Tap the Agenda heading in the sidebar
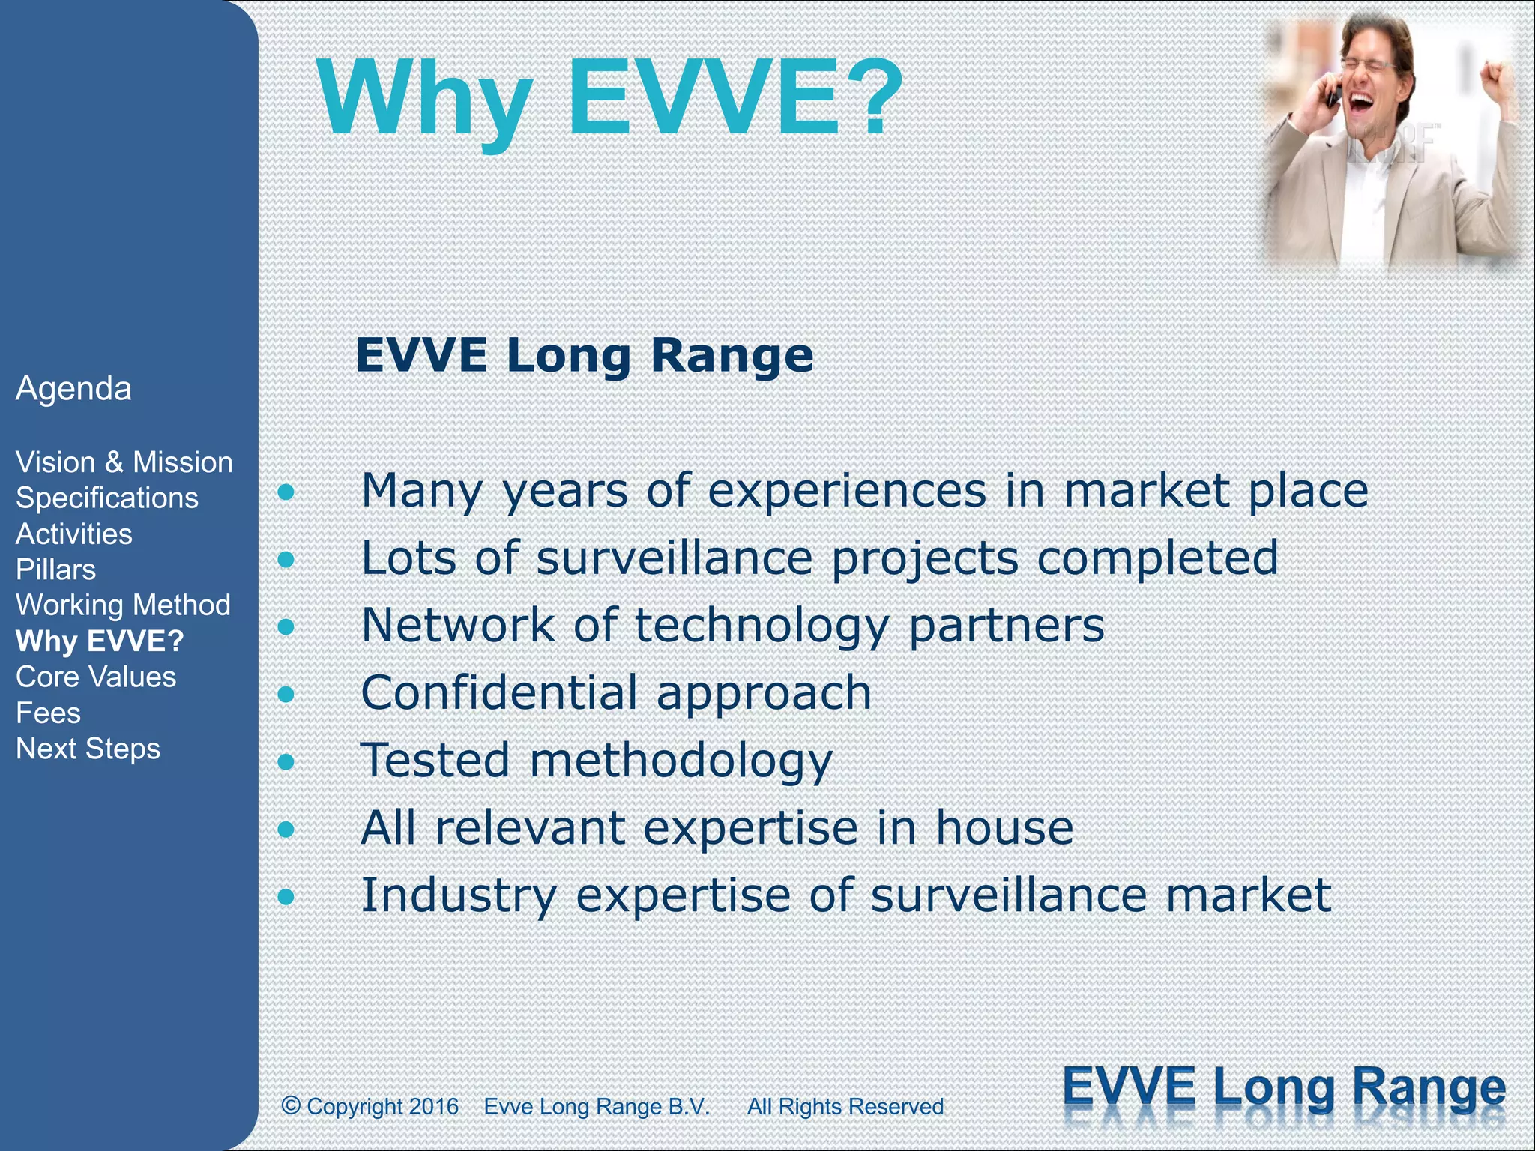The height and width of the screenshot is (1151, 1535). [73, 389]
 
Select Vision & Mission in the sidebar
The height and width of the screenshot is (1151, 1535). [124, 462]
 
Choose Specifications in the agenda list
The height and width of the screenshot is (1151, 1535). [107, 498]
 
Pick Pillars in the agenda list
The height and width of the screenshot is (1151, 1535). [56, 570]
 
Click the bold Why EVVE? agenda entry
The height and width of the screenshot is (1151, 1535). [100, 641]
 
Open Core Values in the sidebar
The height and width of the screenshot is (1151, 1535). [96, 677]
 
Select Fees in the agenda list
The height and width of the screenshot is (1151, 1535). [49, 713]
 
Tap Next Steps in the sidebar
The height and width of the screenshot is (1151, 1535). [88, 749]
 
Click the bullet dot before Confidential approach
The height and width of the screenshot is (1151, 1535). [286, 695]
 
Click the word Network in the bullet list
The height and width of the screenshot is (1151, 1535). [457, 626]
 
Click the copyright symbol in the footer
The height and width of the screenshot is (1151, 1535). [291, 1105]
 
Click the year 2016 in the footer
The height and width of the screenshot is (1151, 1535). [434, 1107]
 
